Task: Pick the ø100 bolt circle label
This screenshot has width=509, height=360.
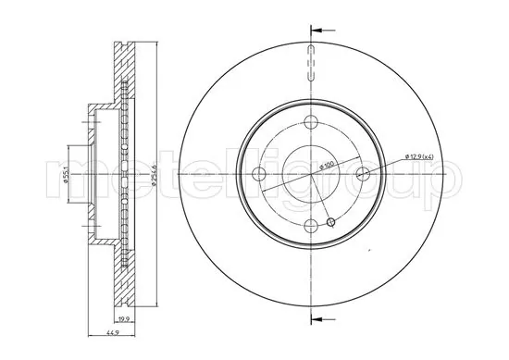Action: pyautogui.click(x=326, y=166)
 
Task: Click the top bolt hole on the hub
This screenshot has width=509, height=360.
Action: pyautogui.click(x=313, y=123)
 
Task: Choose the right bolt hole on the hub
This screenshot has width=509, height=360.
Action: pyautogui.click(x=363, y=173)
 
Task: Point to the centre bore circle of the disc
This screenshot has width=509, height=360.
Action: pyautogui.click(x=313, y=173)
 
